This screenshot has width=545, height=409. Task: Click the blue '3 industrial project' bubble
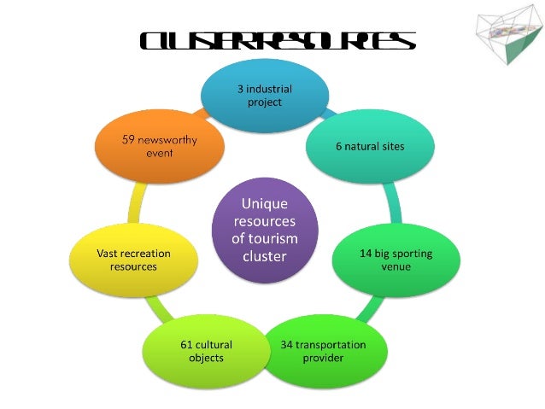pyautogui.click(x=265, y=95)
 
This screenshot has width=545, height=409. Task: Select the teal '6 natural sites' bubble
pyautogui.click(x=370, y=146)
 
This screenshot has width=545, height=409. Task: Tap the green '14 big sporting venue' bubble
pyautogui.click(x=396, y=260)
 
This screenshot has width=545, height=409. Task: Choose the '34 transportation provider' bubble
pyautogui.click(x=323, y=351)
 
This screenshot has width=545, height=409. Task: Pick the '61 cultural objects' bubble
pyautogui.click(x=206, y=351)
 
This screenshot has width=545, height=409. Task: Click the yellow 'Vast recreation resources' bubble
pyautogui.click(x=133, y=260)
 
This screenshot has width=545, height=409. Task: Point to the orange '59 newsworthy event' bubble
pyautogui.click(x=159, y=146)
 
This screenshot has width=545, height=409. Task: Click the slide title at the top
pyautogui.click(x=277, y=40)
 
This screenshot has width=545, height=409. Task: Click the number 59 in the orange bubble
pyautogui.click(x=129, y=139)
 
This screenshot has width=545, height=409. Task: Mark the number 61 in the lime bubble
pyautogui.click(x=188, y=345)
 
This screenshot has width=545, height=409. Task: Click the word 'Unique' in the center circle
pyautogui.click(x=265, y=204)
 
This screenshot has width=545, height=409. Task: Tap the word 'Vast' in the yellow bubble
pyautogui.click(x=103, y=254)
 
